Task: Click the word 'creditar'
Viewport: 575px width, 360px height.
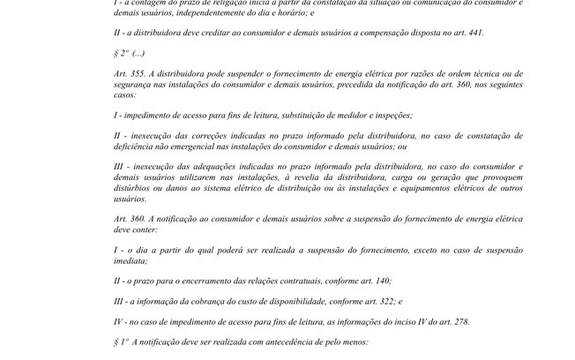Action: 213,32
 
